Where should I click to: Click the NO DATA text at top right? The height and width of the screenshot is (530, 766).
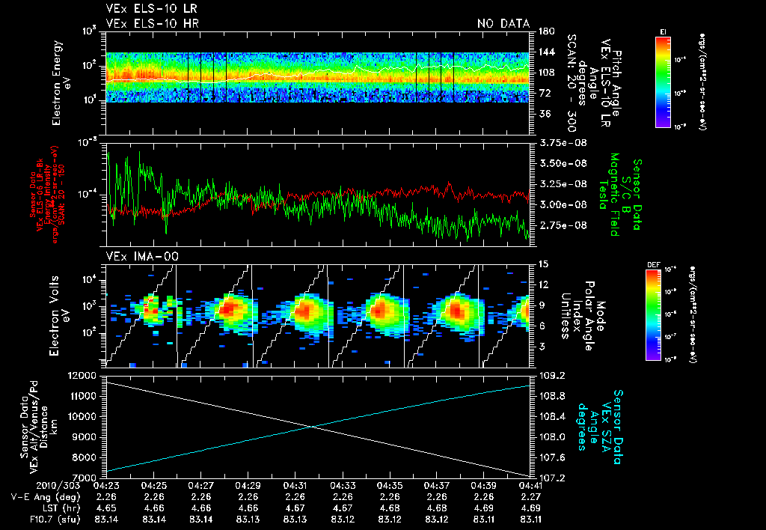(503, 23)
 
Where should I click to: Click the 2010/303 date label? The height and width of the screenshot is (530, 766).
(79, 485)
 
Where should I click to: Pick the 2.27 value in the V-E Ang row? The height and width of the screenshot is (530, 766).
(531, 496)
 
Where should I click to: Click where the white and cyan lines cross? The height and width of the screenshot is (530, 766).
(310, 427)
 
